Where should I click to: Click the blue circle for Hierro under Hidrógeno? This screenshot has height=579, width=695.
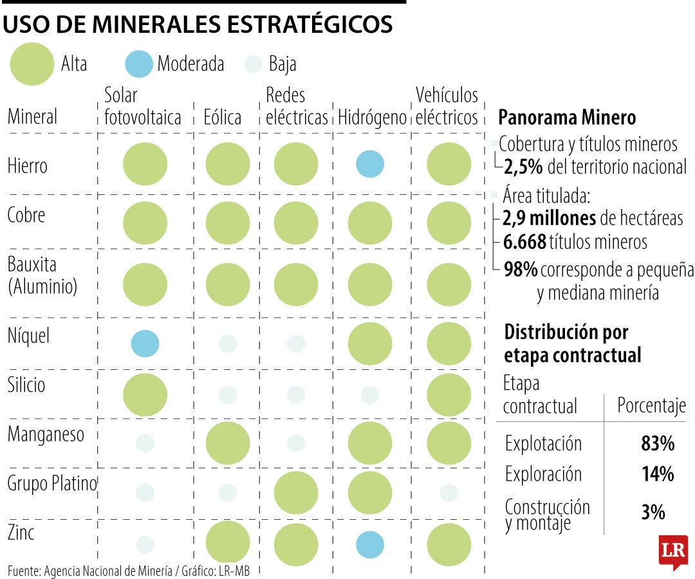[x=370, y=164]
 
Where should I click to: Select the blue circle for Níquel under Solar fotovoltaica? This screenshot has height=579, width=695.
[x=145, y=343]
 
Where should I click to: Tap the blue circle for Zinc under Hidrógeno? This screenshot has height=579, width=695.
[x=370, y=544]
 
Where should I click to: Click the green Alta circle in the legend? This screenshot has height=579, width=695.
[x=33, y=64]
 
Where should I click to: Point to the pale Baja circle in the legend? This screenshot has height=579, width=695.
[x=254, y=64]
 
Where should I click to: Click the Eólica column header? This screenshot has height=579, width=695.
[x=222, y=117]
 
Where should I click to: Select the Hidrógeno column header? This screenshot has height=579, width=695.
[x=372, y=117]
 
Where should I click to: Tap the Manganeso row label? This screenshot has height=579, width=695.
[x=46, y=434]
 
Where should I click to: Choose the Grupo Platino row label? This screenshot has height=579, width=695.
[x=51, y=484]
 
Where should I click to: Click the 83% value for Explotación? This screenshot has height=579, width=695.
[x=657, y=443]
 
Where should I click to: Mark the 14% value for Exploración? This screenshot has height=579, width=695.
[x=657, y=474]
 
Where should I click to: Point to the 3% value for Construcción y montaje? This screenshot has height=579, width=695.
[x=653, y=512]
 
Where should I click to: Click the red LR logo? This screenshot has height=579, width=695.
[x=673, y=551]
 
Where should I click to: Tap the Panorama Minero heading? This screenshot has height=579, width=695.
[x=567, y=118]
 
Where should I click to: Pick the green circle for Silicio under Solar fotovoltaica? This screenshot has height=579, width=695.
[x=145, y=394]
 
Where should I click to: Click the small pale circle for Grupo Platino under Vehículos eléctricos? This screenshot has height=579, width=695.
[x=449, y=493]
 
